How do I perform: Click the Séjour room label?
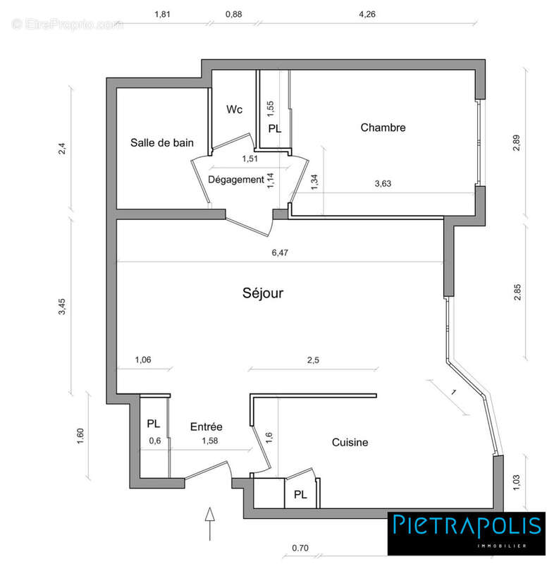[262, 293]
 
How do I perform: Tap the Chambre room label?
[383, 128]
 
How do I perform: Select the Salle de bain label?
[161, 142]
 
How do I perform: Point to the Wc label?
[235, 110]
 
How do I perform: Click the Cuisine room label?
[350, 442]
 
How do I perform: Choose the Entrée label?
[207, 427]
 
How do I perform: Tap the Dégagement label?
[235, 180]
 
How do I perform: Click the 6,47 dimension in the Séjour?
[280, 252]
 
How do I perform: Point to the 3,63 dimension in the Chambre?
[383, 183]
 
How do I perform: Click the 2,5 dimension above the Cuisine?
[313, 360]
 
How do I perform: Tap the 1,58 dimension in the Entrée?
[209, 441]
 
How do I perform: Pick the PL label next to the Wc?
[274, 129]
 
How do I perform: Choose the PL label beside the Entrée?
[154, 424]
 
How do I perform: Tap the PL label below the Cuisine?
[300, 494]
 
